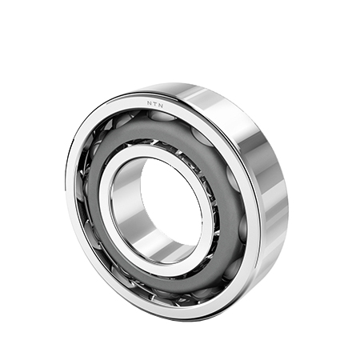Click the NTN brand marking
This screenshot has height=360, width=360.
155,104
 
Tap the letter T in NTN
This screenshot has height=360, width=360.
154,104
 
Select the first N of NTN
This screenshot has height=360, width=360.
149,103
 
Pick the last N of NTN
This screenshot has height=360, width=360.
161,106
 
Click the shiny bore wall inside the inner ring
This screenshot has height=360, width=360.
126,202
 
